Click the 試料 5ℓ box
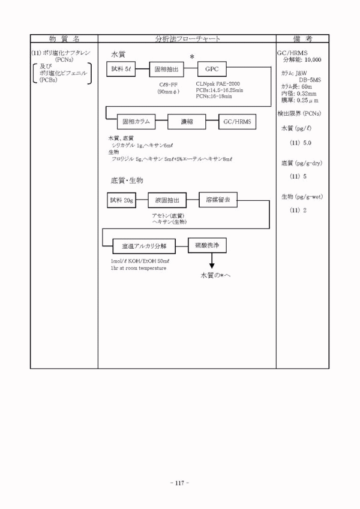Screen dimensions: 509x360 point(121,69)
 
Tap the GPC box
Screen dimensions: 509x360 point(212,69)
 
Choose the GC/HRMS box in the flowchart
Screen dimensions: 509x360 point(237,122)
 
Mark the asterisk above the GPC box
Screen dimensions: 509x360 point(193,56)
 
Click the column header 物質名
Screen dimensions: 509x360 point(64,38)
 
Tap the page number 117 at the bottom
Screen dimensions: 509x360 point(180,482)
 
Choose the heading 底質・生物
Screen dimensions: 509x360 point(127,180)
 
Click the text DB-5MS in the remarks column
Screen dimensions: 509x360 point(311,79)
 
